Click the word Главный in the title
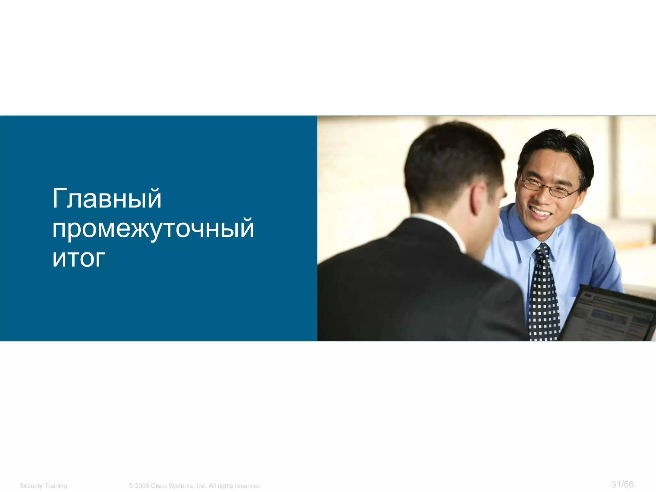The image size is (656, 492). pos(107,199)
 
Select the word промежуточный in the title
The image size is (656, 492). pos(153,229)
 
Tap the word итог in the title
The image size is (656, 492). pos(78,258)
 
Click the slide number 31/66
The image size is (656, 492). pos(622,484)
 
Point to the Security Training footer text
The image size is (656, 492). pos(44,486)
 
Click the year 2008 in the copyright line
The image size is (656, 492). pos(142,486)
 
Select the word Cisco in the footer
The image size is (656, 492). pos(159,486)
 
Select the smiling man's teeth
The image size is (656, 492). pos(540,212)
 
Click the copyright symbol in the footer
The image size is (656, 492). pos(131,486)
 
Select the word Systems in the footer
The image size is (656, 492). pos(181,486)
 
